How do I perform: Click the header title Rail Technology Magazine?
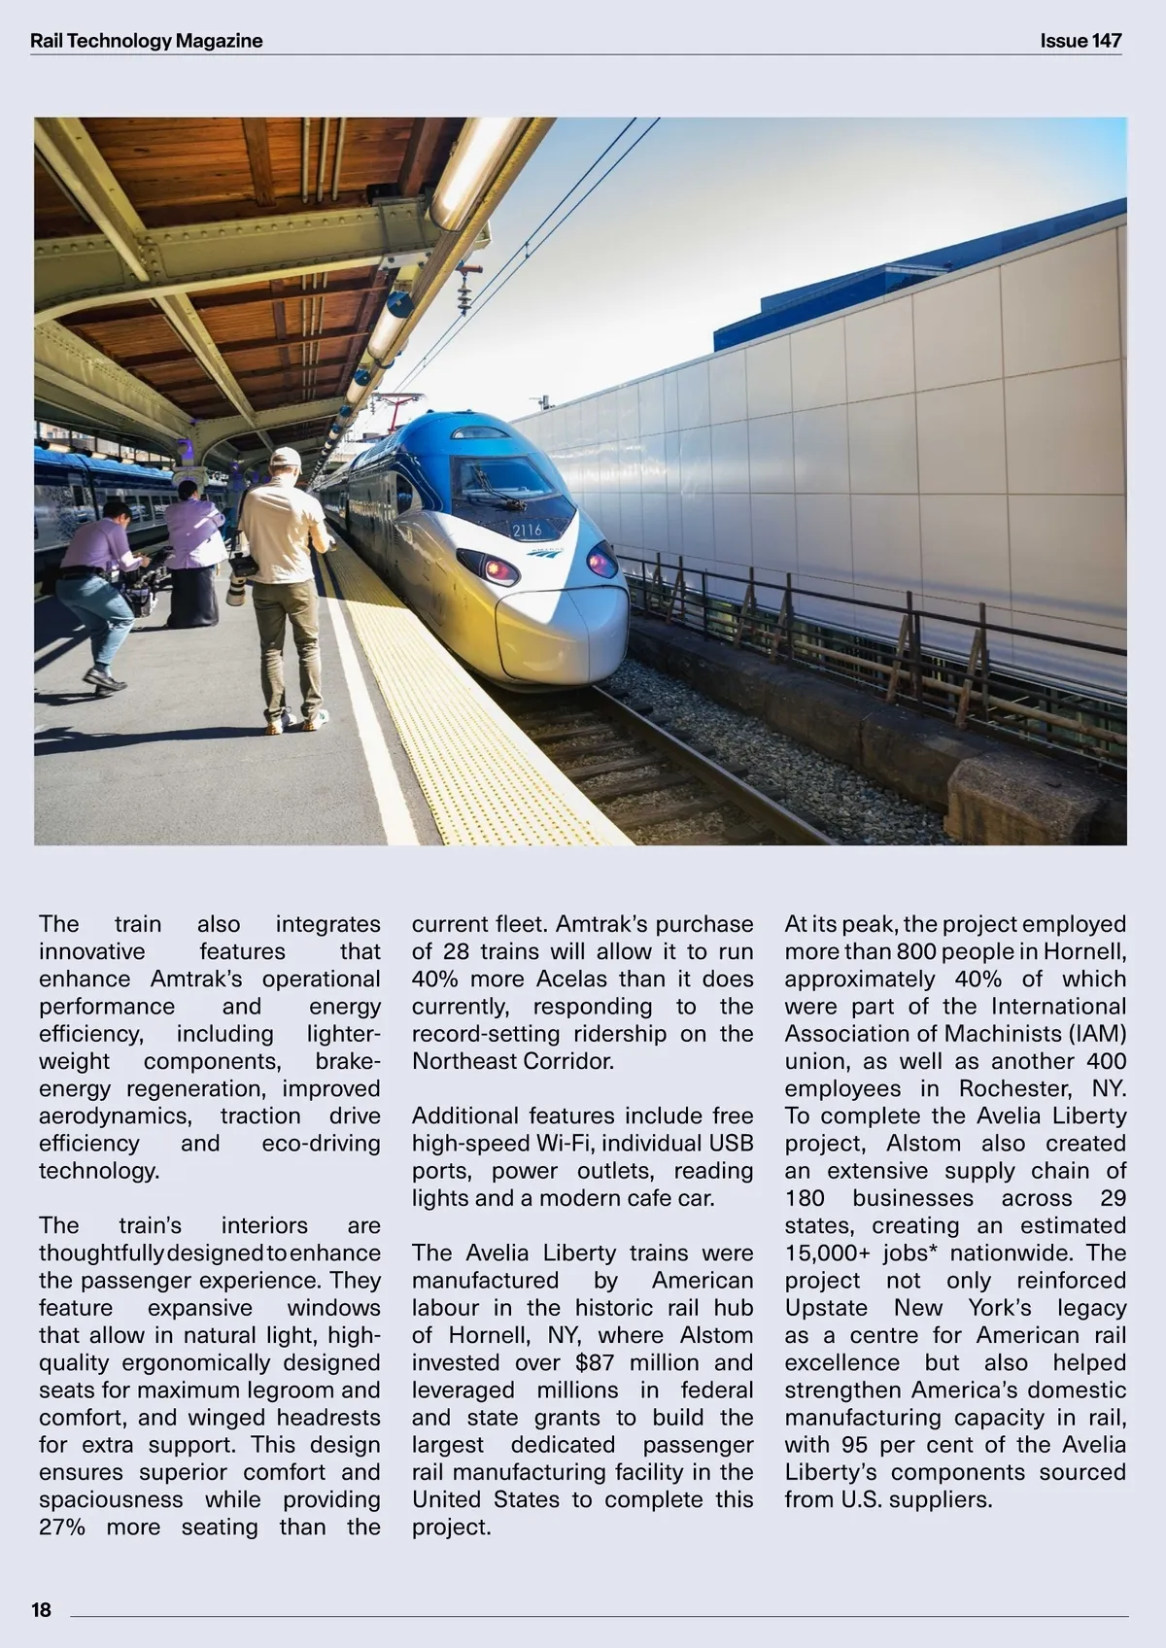point(146,41)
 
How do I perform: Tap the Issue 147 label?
point(1080,41)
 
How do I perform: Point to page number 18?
point(41,1610)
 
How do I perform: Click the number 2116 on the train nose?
point(527,531)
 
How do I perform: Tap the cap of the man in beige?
point(286,458)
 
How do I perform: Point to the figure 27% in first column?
point(62,1527)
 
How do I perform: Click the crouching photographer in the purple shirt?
point(99,583)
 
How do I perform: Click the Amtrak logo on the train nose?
point(545,552)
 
